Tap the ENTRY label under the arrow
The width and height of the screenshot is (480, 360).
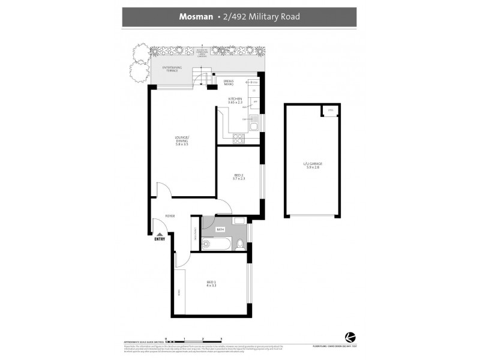point(160,239)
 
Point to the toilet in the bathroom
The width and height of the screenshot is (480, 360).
point(239,244)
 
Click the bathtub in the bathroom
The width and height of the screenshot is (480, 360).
point(215,244)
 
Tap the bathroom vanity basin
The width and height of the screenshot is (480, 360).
point(239,221)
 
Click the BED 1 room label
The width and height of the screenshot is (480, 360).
point(211,284)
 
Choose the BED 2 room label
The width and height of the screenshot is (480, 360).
point(238,176)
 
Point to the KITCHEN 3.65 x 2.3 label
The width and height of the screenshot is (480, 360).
point(235,100)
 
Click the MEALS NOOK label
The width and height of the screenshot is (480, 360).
point(229,83)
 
